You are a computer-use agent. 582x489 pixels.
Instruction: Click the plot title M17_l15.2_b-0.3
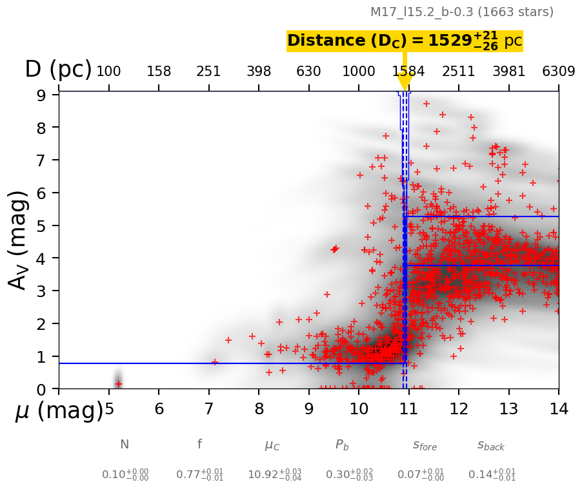click(x=461, y=12)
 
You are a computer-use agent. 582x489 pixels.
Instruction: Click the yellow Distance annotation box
click(x=405, y=41)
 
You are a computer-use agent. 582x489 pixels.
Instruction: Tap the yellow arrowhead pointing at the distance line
click(x=405, y=82)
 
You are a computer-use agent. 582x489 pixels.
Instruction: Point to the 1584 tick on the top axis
click(x=408, y=71)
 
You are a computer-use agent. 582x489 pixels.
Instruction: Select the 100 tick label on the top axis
click(x=108, y=71)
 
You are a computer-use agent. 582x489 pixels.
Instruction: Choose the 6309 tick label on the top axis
click(x=559, y=71)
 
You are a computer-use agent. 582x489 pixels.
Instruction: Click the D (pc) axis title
click(x=58, y=70)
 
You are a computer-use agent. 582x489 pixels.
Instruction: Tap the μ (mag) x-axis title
click(x=59, y=410)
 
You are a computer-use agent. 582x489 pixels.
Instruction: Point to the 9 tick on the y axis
click(x=41, y=95)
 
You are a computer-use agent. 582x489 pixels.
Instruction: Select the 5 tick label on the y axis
click(x=41, y=225)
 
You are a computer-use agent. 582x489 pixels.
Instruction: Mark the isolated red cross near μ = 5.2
click(x=118, y=384)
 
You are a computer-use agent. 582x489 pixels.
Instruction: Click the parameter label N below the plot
click(x=125, y=445)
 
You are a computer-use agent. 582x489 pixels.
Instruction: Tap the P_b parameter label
click(x=342, y=445)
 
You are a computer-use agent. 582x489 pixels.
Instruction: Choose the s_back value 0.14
click(x=492, y=475)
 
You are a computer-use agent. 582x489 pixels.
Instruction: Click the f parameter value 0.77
click(x=199, y=475)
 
